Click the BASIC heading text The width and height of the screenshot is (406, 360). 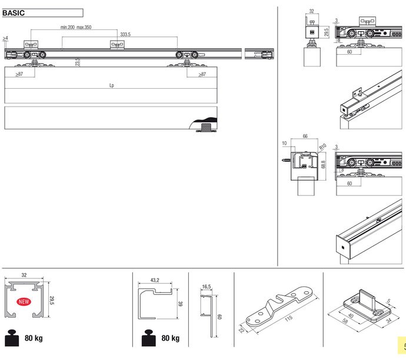click(x=14, y=13)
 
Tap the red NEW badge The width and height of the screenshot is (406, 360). click(x=24, y=302)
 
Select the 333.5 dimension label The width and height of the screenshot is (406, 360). click(x=125, y=35)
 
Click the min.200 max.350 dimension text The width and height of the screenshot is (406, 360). click(x=76, y=27)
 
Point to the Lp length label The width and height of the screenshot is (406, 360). click(x=111, y=86)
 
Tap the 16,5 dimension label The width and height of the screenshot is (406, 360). click(x=206, y=286)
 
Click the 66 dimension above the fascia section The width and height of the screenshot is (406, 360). click(x=305, y=136)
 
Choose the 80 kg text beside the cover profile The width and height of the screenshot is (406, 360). click(x=169, y=339)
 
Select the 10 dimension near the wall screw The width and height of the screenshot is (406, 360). click(x=284, y=143)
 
